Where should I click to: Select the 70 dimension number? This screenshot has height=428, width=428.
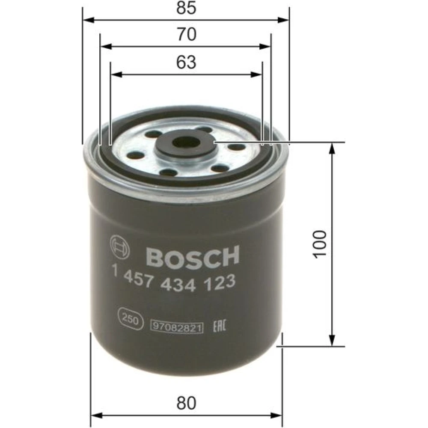pyautogui.click(x=187, y=35)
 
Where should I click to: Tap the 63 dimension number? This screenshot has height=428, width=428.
pyautogui.click(x=186, y=62)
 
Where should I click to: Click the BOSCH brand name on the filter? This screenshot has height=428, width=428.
pyautogui.click(x=193, y=256)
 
